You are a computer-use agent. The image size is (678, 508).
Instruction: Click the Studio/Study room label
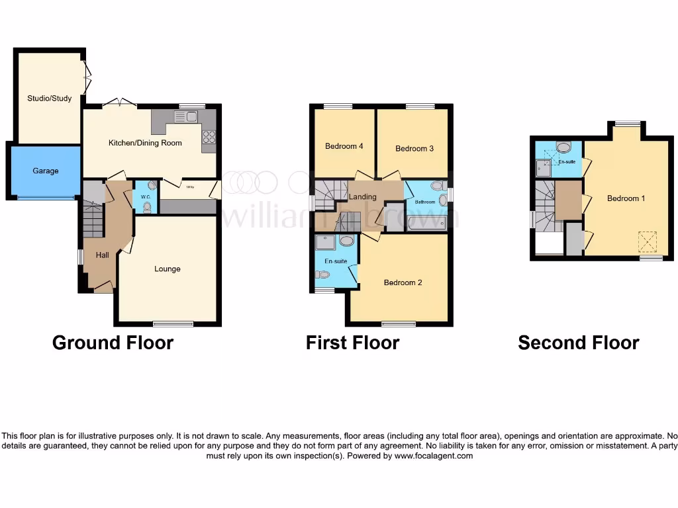[49, 99]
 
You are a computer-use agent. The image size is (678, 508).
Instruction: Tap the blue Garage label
[46, 171]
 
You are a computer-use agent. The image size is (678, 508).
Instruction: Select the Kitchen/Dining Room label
[145, 143]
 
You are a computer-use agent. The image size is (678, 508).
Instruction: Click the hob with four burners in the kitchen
[209, 137]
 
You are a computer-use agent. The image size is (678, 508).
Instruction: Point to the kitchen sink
[186, 117]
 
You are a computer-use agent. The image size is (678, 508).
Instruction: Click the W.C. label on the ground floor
[144, 196]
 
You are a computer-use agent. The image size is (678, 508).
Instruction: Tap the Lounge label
[168, 269]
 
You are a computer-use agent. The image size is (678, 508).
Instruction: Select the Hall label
[102, 255]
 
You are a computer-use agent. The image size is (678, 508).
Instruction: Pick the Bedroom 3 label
[414, 149]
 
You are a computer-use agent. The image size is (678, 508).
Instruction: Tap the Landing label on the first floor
[362, 196]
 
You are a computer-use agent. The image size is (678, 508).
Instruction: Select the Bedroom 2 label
[403, 282]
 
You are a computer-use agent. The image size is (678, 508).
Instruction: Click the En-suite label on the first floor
[336, 261]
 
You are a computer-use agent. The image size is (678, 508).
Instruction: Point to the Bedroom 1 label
[626, 198]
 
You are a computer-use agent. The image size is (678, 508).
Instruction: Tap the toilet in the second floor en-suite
[563, 147]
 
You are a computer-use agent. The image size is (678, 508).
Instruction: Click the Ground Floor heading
[113, 343]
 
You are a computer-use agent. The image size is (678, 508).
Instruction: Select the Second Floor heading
[578, 343]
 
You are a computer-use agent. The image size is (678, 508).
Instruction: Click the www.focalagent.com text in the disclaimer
[434, 456]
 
